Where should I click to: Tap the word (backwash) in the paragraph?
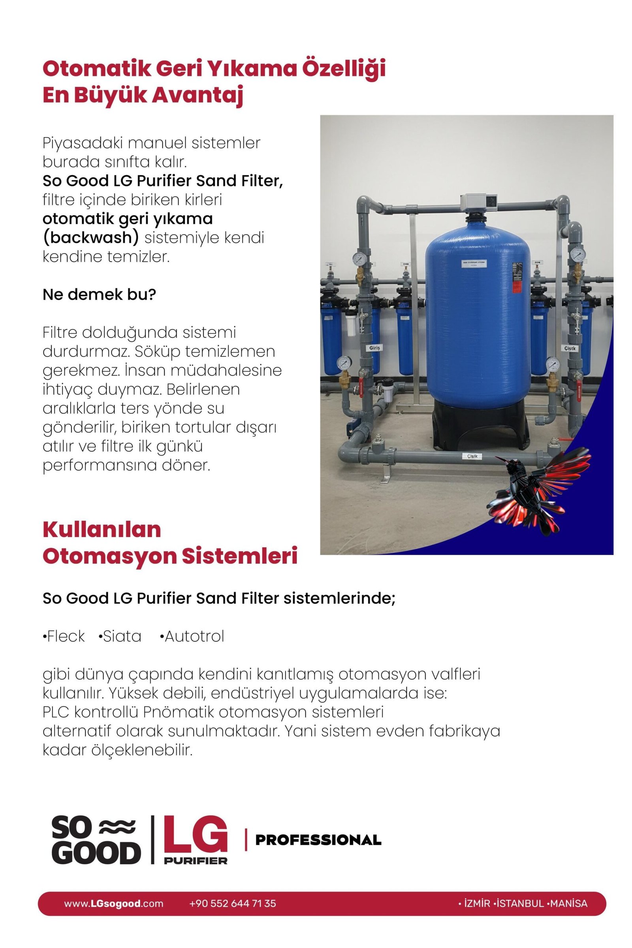pyautogui.click(x=90, y=238)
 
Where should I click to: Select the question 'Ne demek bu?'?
pyautogui.click(x=99, y=295)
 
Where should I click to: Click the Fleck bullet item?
pyautogui.click(x=64, y=636)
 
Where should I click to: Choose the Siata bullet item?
pyautogui.click(x=120, y=636)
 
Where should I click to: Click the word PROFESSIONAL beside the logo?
pyautogui.click(x=318, y=840)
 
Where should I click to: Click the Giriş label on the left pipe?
pyautogui.click(x=374, y=347)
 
